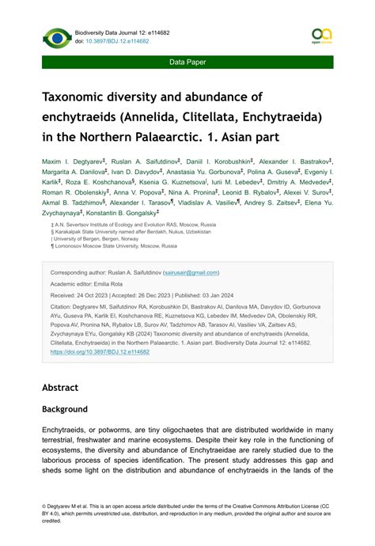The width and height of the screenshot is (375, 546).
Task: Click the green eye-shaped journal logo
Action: tap(56, 37)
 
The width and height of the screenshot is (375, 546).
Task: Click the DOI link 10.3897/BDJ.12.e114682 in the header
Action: tap(117, 41)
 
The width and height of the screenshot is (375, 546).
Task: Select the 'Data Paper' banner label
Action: tap(187, 61)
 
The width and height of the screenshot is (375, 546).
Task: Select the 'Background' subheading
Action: tap(65, 409)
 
